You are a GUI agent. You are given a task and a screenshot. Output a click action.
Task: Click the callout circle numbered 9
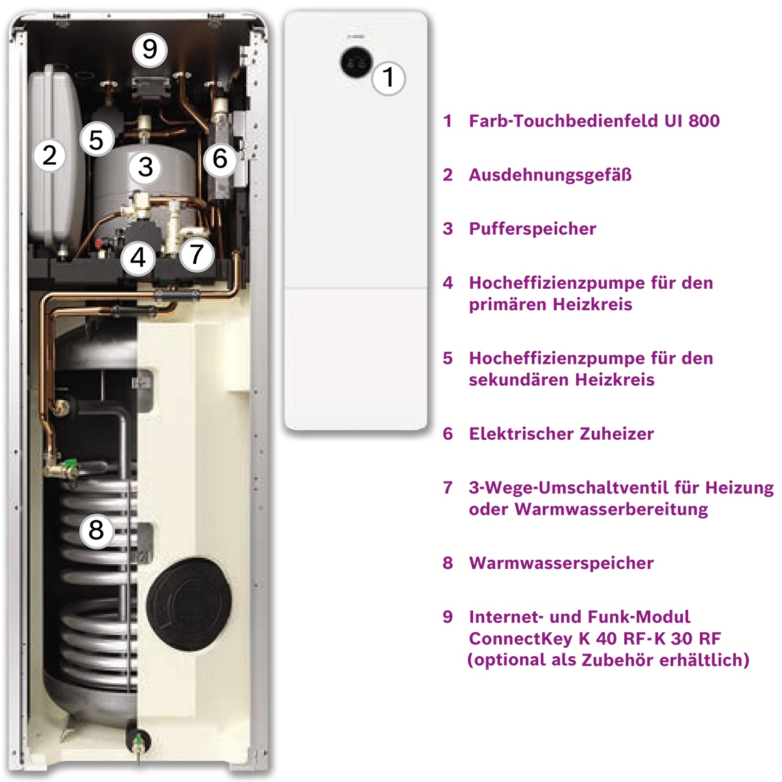point(150,50)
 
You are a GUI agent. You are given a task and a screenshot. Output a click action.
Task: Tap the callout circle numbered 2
point(50,155)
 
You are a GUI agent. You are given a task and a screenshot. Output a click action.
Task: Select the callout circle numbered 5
point(96,139)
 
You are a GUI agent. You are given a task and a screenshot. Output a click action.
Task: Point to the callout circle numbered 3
point(145,167)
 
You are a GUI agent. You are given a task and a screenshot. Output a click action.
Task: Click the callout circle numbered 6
point(220,158)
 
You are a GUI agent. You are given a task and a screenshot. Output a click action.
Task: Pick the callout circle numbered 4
point(138,257)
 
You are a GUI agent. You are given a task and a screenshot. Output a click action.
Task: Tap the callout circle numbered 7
point(197,254)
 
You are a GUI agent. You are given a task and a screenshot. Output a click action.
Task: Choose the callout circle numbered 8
point(96,530)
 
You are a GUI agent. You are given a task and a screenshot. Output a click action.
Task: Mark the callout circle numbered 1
point(388,78)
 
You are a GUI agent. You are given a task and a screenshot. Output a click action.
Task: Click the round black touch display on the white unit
point(356,63)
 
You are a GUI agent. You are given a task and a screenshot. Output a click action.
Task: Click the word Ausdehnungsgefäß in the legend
point(550,175)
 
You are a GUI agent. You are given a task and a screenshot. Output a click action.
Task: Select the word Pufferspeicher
point(533,229)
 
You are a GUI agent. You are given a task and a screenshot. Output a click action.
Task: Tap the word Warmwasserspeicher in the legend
point(561,563)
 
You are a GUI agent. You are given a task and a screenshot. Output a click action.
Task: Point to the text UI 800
point(692,121)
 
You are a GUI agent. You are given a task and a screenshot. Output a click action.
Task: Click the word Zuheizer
point(617,434)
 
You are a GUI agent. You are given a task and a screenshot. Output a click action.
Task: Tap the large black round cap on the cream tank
point(189,604)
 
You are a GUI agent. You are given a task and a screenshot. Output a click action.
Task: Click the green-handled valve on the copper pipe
point(65,466)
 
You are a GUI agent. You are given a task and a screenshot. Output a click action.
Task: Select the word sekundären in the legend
point(518,380)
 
